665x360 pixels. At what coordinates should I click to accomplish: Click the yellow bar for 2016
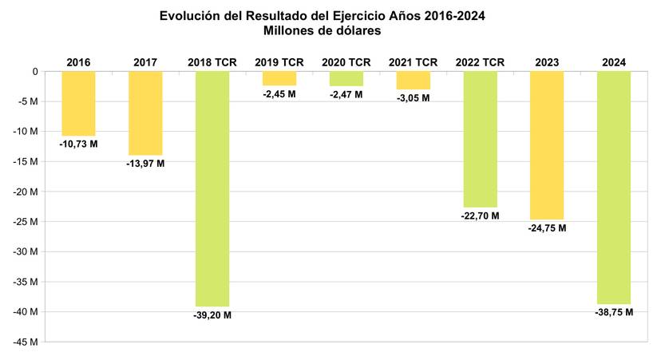tap(78, 103)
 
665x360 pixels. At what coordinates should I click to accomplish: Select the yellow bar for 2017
tap(145, 113)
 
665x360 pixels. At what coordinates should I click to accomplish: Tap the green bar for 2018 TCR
tap(212, 188)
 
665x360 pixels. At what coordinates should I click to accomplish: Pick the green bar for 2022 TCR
tap(481, 139)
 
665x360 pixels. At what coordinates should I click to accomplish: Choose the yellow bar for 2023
tap(547, 145)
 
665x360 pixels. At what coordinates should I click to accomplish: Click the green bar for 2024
tap(614, 188)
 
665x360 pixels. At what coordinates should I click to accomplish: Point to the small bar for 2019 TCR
tap(279, 78)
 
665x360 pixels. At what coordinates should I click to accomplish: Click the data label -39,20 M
tap(212, 315)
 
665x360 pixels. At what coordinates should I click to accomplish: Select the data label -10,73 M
tap(78, 144)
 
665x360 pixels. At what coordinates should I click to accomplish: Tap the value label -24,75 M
tap(547, 228)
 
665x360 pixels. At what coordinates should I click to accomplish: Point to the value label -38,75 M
tap(614, 313)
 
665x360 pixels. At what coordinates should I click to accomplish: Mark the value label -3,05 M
tap(413, 98)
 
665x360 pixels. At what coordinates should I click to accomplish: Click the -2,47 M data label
tap(346, 95)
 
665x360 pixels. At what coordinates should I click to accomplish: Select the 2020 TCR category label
tap(346, 61)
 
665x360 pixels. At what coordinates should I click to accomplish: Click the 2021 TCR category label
tap(413, 61)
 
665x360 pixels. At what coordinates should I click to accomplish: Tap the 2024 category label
tap(614, 61)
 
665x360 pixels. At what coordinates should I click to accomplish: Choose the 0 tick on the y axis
tap(35, 71)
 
